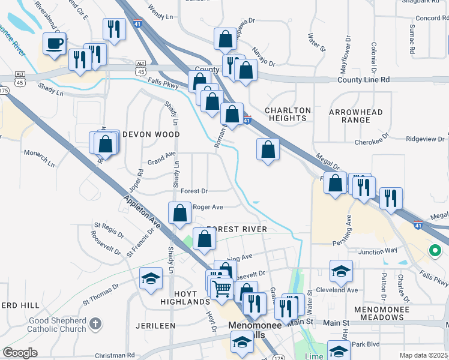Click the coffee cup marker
click(x=55, y=44)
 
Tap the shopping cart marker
click(x=222, y=289)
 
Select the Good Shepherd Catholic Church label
click(x=58, y=325)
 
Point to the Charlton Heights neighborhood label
click(x=288, y=115)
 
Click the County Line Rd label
click(x=363, y=80)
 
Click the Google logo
click(x=20, y=353)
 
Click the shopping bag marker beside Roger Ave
click(x=179, y=212)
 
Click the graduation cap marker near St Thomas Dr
click(x=151, y=278)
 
